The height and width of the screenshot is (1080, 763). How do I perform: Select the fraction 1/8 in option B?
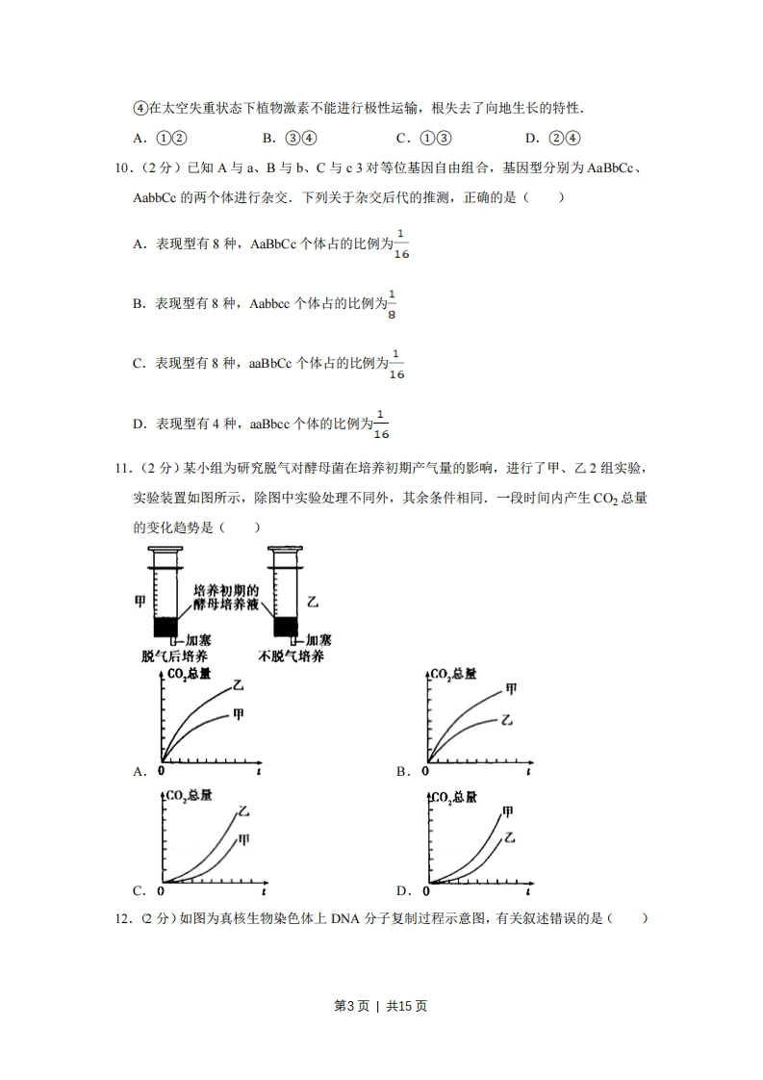click(392, 304)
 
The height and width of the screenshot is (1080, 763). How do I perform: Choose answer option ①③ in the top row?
click(425, 137)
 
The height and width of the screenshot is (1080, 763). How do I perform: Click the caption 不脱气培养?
click(292, 656)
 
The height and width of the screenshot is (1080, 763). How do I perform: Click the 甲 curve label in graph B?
click(511, 690)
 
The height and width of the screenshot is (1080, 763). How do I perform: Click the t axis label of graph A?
click(260, 771)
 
